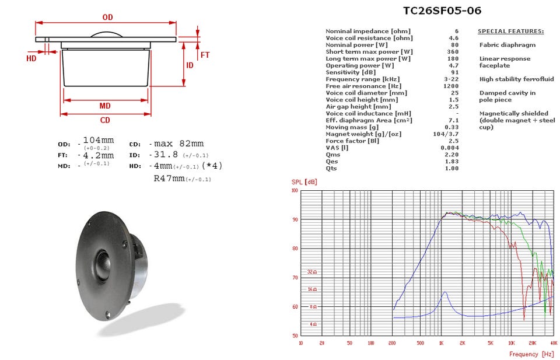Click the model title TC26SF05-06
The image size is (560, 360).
pyautogui.click(x=442, y=11)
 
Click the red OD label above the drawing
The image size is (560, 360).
pyautogui.click(x=107, y=17)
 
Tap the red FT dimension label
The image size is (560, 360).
pyautogui.click(x=205, y=55)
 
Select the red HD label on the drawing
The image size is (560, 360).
pyautogui.click(x=32, y=58)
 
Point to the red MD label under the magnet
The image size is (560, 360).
pyautogui.click(x=105, y=106)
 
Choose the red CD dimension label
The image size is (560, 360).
pyautogui.click(x=105, y=120)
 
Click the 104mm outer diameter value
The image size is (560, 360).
pyautogui.click(x=99, y=140)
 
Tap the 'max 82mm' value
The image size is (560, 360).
pyautogui.click(x=179, y=144)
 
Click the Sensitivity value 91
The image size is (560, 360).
pyautogui.click(x=454, y=72)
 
